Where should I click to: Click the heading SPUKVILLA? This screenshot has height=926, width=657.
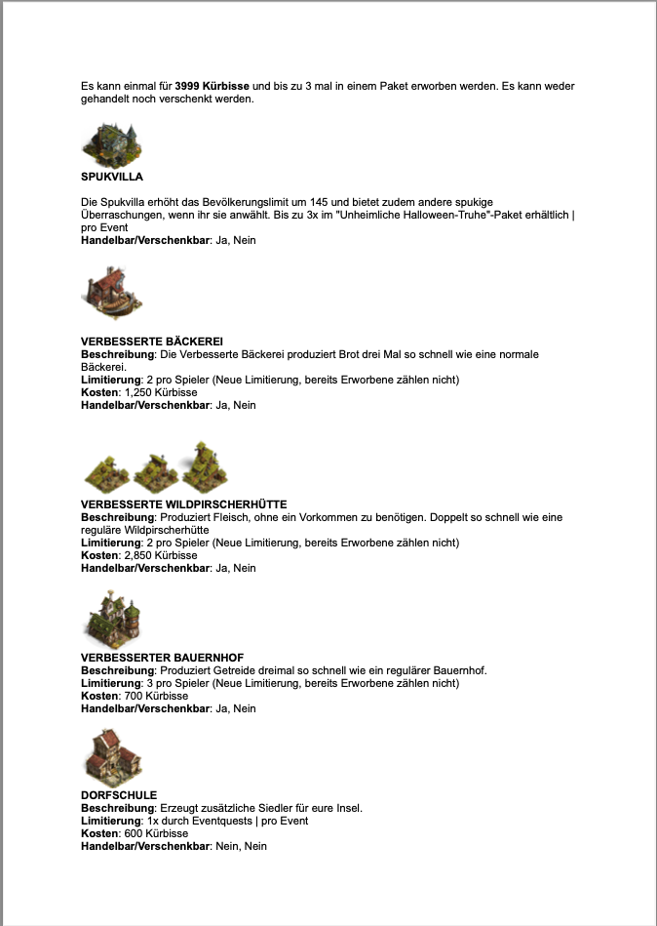[x=112, y=177]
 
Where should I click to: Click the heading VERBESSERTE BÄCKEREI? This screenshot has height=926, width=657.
[x=152, y=341]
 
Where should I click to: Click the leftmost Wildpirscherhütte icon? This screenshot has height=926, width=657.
[x=106, y=471]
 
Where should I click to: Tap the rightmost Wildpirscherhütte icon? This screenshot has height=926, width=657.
[x=205, y=466]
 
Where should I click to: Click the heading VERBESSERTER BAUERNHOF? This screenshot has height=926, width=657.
[x=162, y=658]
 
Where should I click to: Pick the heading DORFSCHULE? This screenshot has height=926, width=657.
[x=119, y=795]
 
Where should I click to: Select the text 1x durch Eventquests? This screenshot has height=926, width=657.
[x=190, y=821]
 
